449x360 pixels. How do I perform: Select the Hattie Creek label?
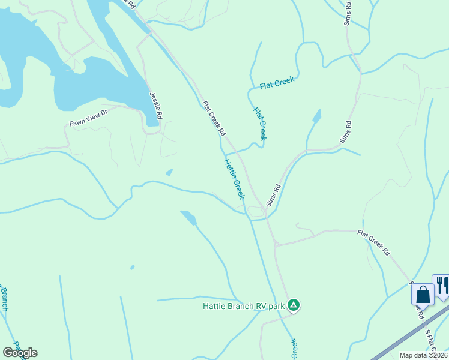[235, 178]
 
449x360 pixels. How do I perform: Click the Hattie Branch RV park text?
[243, 306]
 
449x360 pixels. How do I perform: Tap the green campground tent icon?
[294, 305]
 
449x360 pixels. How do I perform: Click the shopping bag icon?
[423, 295]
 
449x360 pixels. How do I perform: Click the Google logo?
[20, 352]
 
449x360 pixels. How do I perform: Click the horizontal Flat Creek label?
[277, 83]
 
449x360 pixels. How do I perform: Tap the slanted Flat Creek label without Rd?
[259, 124]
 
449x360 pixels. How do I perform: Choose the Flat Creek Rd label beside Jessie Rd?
[214, 118]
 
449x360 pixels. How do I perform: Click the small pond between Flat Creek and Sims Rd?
[316, 115]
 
